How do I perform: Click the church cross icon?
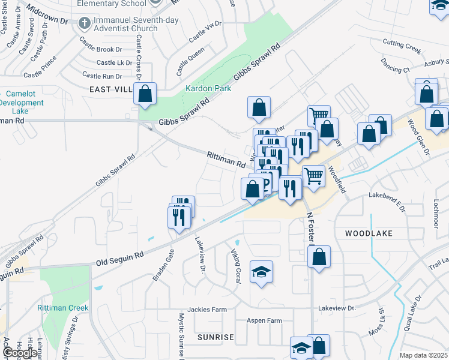(x=84, y=23)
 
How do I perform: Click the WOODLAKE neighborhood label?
(x=369, y=233)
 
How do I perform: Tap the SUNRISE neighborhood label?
(x=215, y=337)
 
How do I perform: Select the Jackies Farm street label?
(x=207, y=310)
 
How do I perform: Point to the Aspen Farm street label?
(x=264, y=320)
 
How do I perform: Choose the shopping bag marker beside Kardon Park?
(x=145, y=95)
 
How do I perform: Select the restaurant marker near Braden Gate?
(x=179, y=217)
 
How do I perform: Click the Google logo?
(x=19, y=353)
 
